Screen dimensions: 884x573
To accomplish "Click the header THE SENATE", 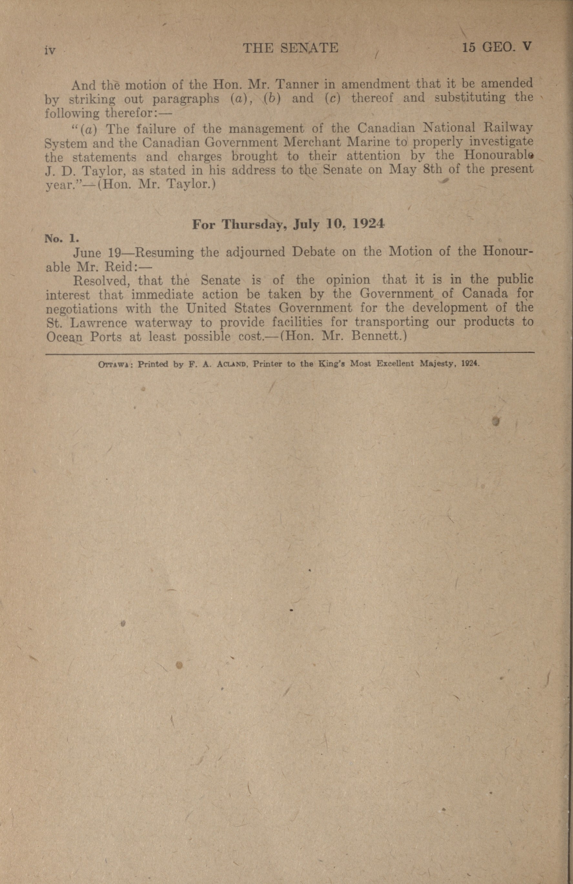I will (290, 48).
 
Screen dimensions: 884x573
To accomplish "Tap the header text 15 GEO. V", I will (497, 47).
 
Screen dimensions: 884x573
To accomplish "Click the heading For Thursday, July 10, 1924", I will (288, 224).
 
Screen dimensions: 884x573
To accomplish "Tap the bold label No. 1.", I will (61, 238).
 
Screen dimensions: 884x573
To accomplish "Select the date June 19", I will (96, 253).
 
